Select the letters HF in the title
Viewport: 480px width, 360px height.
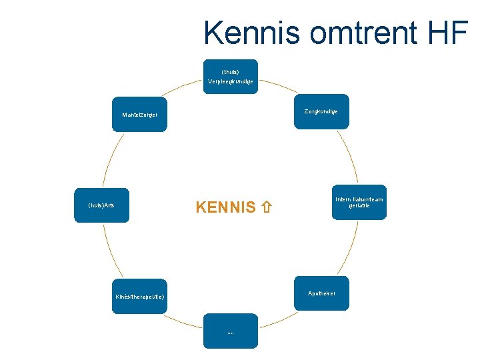[450, 33]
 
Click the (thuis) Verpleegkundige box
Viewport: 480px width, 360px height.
[230, 76]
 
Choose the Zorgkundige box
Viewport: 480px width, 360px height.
[321, 111]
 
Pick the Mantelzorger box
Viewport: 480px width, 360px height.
[139, 114]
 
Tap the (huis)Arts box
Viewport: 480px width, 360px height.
[101, 204]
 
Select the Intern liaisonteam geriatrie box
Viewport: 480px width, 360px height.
[359, 202]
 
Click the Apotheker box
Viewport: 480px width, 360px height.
[321, 293]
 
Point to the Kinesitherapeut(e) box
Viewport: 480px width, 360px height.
[139, 296]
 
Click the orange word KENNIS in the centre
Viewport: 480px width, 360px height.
[225, 207]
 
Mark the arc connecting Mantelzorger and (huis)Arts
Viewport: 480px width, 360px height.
[109, 157]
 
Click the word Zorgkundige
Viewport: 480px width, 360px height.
[321, 111]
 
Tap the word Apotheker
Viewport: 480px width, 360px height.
[321, 293]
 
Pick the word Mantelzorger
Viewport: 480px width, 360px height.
[139, 115]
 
